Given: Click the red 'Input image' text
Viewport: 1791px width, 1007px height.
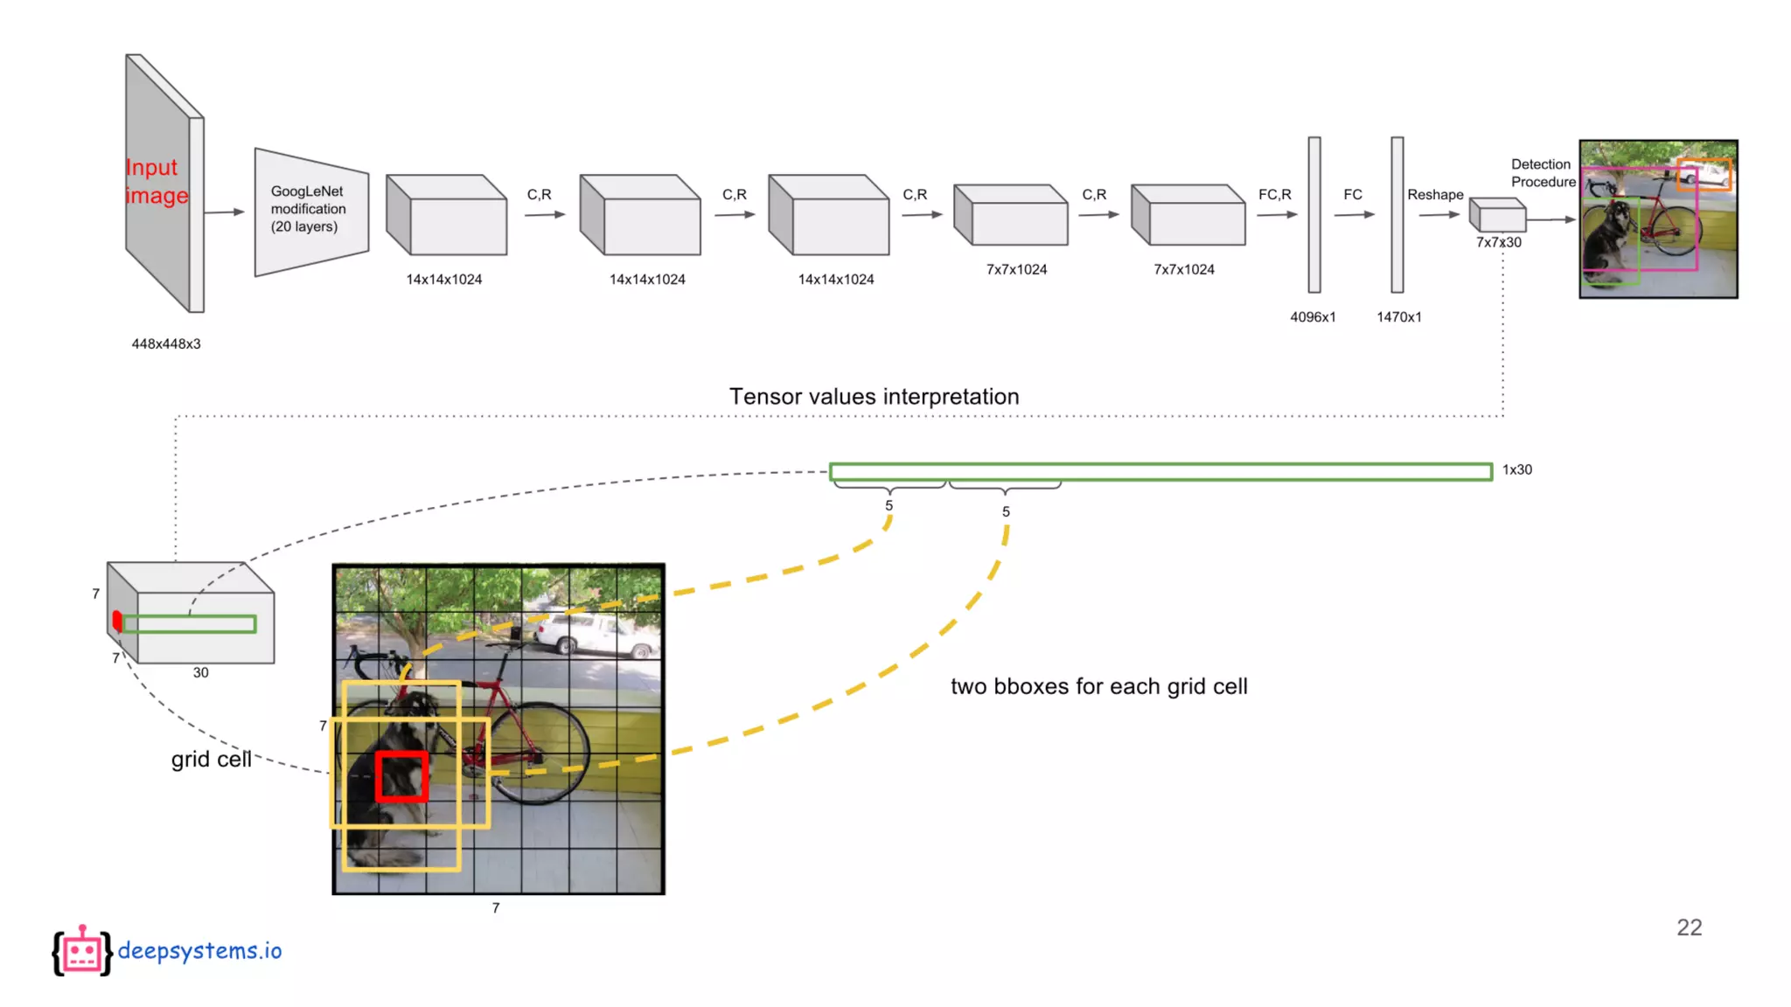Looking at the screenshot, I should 157,181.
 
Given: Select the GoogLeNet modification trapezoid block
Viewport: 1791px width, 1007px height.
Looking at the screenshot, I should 310,211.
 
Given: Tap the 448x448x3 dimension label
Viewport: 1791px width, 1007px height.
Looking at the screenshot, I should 166,344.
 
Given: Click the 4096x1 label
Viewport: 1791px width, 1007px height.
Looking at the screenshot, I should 1313,316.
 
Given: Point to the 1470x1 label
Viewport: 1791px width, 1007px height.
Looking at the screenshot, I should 1398,316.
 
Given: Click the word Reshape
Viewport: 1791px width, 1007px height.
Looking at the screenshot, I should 1434,194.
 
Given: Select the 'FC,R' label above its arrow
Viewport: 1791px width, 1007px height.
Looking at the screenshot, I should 1274,194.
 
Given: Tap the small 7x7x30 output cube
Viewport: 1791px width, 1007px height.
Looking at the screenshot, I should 1497,215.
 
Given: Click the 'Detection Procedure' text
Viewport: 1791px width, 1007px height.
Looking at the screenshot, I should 1542,173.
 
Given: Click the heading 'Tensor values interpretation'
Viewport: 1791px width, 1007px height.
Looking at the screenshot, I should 874,396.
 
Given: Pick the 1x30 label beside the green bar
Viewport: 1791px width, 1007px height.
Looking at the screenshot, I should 1516,469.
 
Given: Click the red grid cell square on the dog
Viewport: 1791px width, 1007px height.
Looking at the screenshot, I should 402,776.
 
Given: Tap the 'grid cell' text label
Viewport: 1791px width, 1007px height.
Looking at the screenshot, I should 211,759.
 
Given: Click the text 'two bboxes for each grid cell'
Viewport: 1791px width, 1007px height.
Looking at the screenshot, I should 1098,686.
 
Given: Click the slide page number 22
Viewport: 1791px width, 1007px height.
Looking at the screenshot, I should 1689,927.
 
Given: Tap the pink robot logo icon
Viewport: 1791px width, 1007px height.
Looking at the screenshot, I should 82,951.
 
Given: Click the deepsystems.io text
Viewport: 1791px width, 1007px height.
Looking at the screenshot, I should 199,950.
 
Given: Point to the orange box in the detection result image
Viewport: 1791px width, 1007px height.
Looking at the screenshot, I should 1703,173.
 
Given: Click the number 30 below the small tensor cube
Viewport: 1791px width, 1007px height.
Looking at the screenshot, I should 200,672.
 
